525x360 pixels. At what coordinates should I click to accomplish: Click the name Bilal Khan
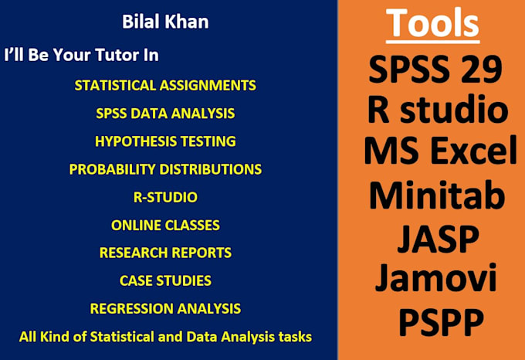click(x=165, y=22)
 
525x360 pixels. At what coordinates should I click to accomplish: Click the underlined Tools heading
click(x=432, y=24)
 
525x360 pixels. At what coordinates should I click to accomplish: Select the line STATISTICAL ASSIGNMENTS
click(x=165, y=86)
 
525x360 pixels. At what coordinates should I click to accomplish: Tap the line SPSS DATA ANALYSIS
click(x=165, y=114)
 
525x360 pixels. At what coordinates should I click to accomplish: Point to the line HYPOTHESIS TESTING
click(x=165, y=141)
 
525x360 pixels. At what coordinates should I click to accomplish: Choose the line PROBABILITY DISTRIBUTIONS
click(x=165, y=169)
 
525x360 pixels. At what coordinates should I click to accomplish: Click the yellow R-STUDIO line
click(x=165, y=197)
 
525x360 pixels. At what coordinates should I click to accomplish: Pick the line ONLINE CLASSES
click(x=165, y=226)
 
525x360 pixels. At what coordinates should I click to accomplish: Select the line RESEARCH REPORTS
click(x=165, y=253)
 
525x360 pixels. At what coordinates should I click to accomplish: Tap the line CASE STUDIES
click(x=165, y=281)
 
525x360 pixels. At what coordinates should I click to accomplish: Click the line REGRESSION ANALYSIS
click(x=165, y=309)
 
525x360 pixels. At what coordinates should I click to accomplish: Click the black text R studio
click(x=438, y=109)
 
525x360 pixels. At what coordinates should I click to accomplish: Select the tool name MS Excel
click(x=440, y=150)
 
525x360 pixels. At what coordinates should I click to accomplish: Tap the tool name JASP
click(x=438, y=239)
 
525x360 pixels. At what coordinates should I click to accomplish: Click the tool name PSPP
click(x=442, y=321)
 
